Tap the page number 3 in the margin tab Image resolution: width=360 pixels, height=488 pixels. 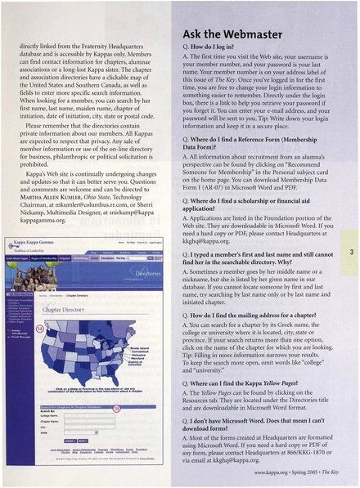[349, 252]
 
